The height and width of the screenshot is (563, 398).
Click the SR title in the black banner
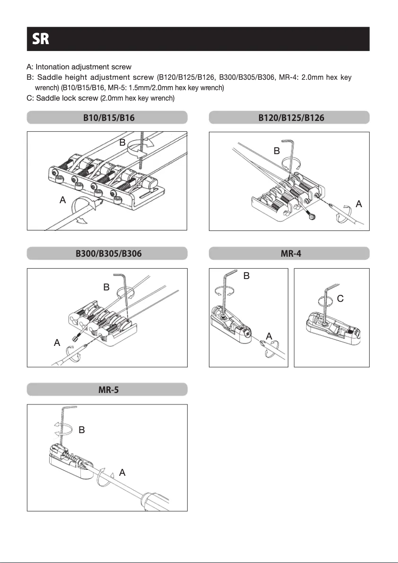41,39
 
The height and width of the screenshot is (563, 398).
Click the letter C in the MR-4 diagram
340,299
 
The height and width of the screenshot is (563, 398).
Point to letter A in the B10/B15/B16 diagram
63,200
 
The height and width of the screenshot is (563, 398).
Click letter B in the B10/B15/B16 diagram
122,143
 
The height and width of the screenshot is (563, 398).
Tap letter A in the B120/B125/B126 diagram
359,204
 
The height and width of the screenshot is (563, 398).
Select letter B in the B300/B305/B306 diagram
106,287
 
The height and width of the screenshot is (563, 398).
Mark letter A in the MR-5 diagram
122,472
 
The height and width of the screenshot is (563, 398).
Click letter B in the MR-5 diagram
81,430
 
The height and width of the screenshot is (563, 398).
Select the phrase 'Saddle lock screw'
67,98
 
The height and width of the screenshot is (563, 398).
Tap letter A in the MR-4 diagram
268,337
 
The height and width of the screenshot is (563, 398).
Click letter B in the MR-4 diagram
246,277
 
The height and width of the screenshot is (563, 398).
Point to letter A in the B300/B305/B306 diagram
57,342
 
